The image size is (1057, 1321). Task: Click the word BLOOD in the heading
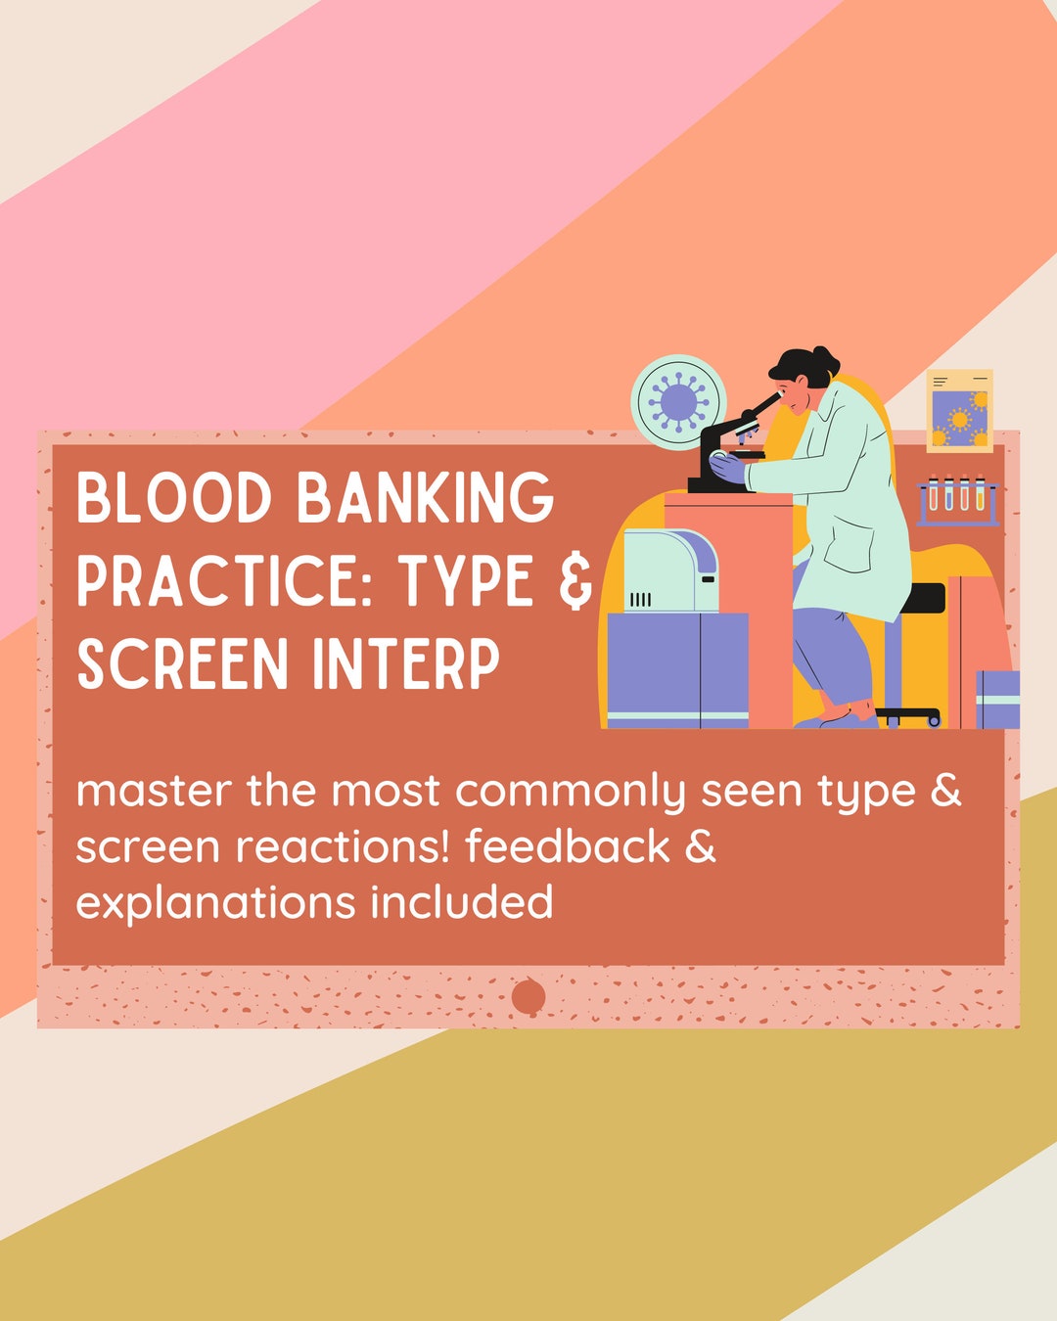tap(174, 498)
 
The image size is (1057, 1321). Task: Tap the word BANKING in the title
tap(425, 498)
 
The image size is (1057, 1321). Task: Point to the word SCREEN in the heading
tap(183, 664)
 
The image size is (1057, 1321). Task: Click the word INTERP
tap(406, 664)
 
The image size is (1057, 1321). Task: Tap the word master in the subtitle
tap(154, 791)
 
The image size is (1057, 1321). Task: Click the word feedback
tap(567, 846)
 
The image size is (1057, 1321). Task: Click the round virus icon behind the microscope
tap(678, 402)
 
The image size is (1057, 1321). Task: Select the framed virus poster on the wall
tap(959, 411)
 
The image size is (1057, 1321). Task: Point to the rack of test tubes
tap(957, 498)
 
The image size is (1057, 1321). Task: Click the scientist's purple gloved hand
tap(729, 469)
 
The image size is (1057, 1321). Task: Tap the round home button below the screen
tap(528, 997)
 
